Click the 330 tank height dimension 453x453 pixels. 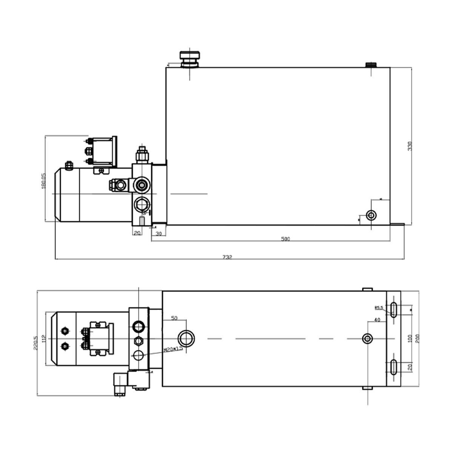[x=410, y=146]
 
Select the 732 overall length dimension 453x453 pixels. [x=227, y=257]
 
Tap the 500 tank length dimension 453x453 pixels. [x=285, y=239]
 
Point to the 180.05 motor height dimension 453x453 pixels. [x=43, y=181]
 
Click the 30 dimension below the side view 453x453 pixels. [x=159, y=234]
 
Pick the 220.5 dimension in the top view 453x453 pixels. [x=35, y=343]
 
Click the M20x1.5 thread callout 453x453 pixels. [x=173, y=349]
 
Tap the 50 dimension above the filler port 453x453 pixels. [x=174, y=318]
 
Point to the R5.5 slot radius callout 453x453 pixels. [x=379, y=308]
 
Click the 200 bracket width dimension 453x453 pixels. [x=417, y=339]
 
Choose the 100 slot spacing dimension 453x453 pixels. [x=410, y=339]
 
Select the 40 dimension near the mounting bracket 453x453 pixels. [x=377, y=320]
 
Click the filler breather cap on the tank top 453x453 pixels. [x=190, y=59]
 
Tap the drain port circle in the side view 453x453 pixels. [x=371, y=216]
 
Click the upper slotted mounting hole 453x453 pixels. [x=394, y=310]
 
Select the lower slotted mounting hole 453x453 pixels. [x=394, y=367]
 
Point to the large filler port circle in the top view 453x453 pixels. [x=186, y=338]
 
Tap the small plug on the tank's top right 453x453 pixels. [x=370, y=65]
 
